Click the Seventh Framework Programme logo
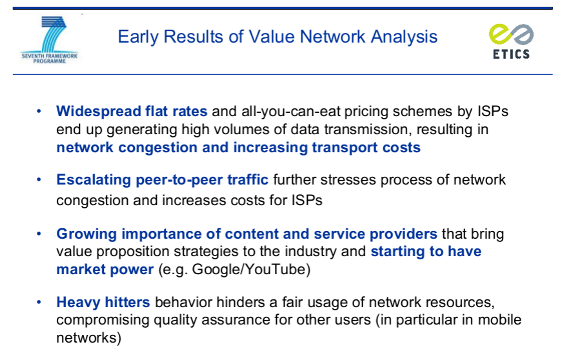49,40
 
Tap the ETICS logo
511,41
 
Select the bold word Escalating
94,180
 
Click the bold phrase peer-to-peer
179,180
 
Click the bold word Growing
86,234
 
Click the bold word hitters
127,302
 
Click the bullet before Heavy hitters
39,302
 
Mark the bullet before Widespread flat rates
39,112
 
